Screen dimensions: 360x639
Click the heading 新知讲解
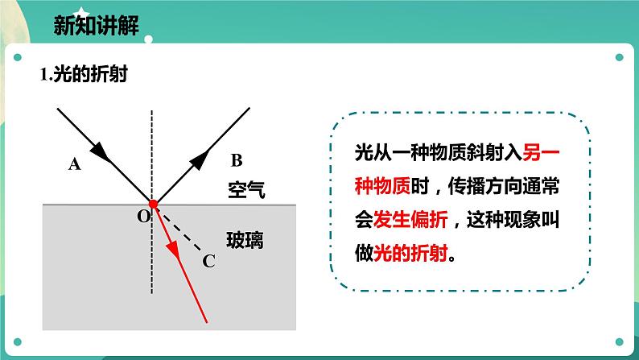pyautogui.click(x=95, y=24)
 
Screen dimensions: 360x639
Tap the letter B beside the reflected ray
pyautogui.click(x=235, y=159)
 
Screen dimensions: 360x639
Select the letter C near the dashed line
pyautogui.click(x=208, y=260)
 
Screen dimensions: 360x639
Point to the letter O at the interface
pyautogui.click(x=143, y=216)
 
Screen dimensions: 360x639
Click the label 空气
pyautogui.click(x=246, y=191)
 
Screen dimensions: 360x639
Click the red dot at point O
pyautogui.click(x=152, y=204)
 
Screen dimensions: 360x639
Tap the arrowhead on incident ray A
pyautogui.click(x=101, y=151)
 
